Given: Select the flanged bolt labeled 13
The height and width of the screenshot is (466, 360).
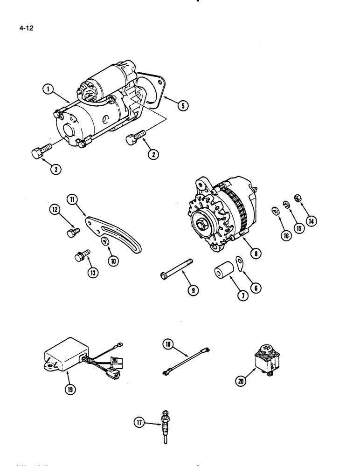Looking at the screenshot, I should [79, 255].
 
